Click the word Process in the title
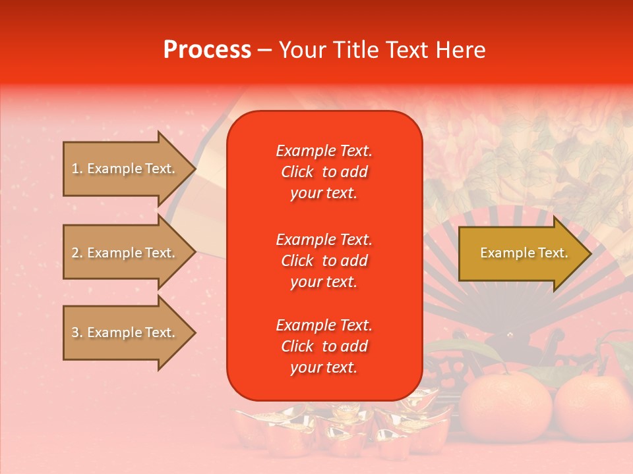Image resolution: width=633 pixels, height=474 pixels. (x=207, y=50)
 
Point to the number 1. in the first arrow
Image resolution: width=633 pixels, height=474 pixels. (x=77, y=169)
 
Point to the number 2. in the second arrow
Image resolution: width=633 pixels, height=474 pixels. (x=77, y=253)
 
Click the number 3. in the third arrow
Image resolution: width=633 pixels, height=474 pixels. (x=77, y=332)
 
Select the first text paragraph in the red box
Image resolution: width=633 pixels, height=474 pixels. (x=324, y=172)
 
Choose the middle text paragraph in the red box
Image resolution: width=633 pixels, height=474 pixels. (x=324, y=261)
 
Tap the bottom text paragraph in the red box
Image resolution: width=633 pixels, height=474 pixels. (x=324, y=346)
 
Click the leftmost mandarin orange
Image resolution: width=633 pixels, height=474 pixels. (x=505, y=408)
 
